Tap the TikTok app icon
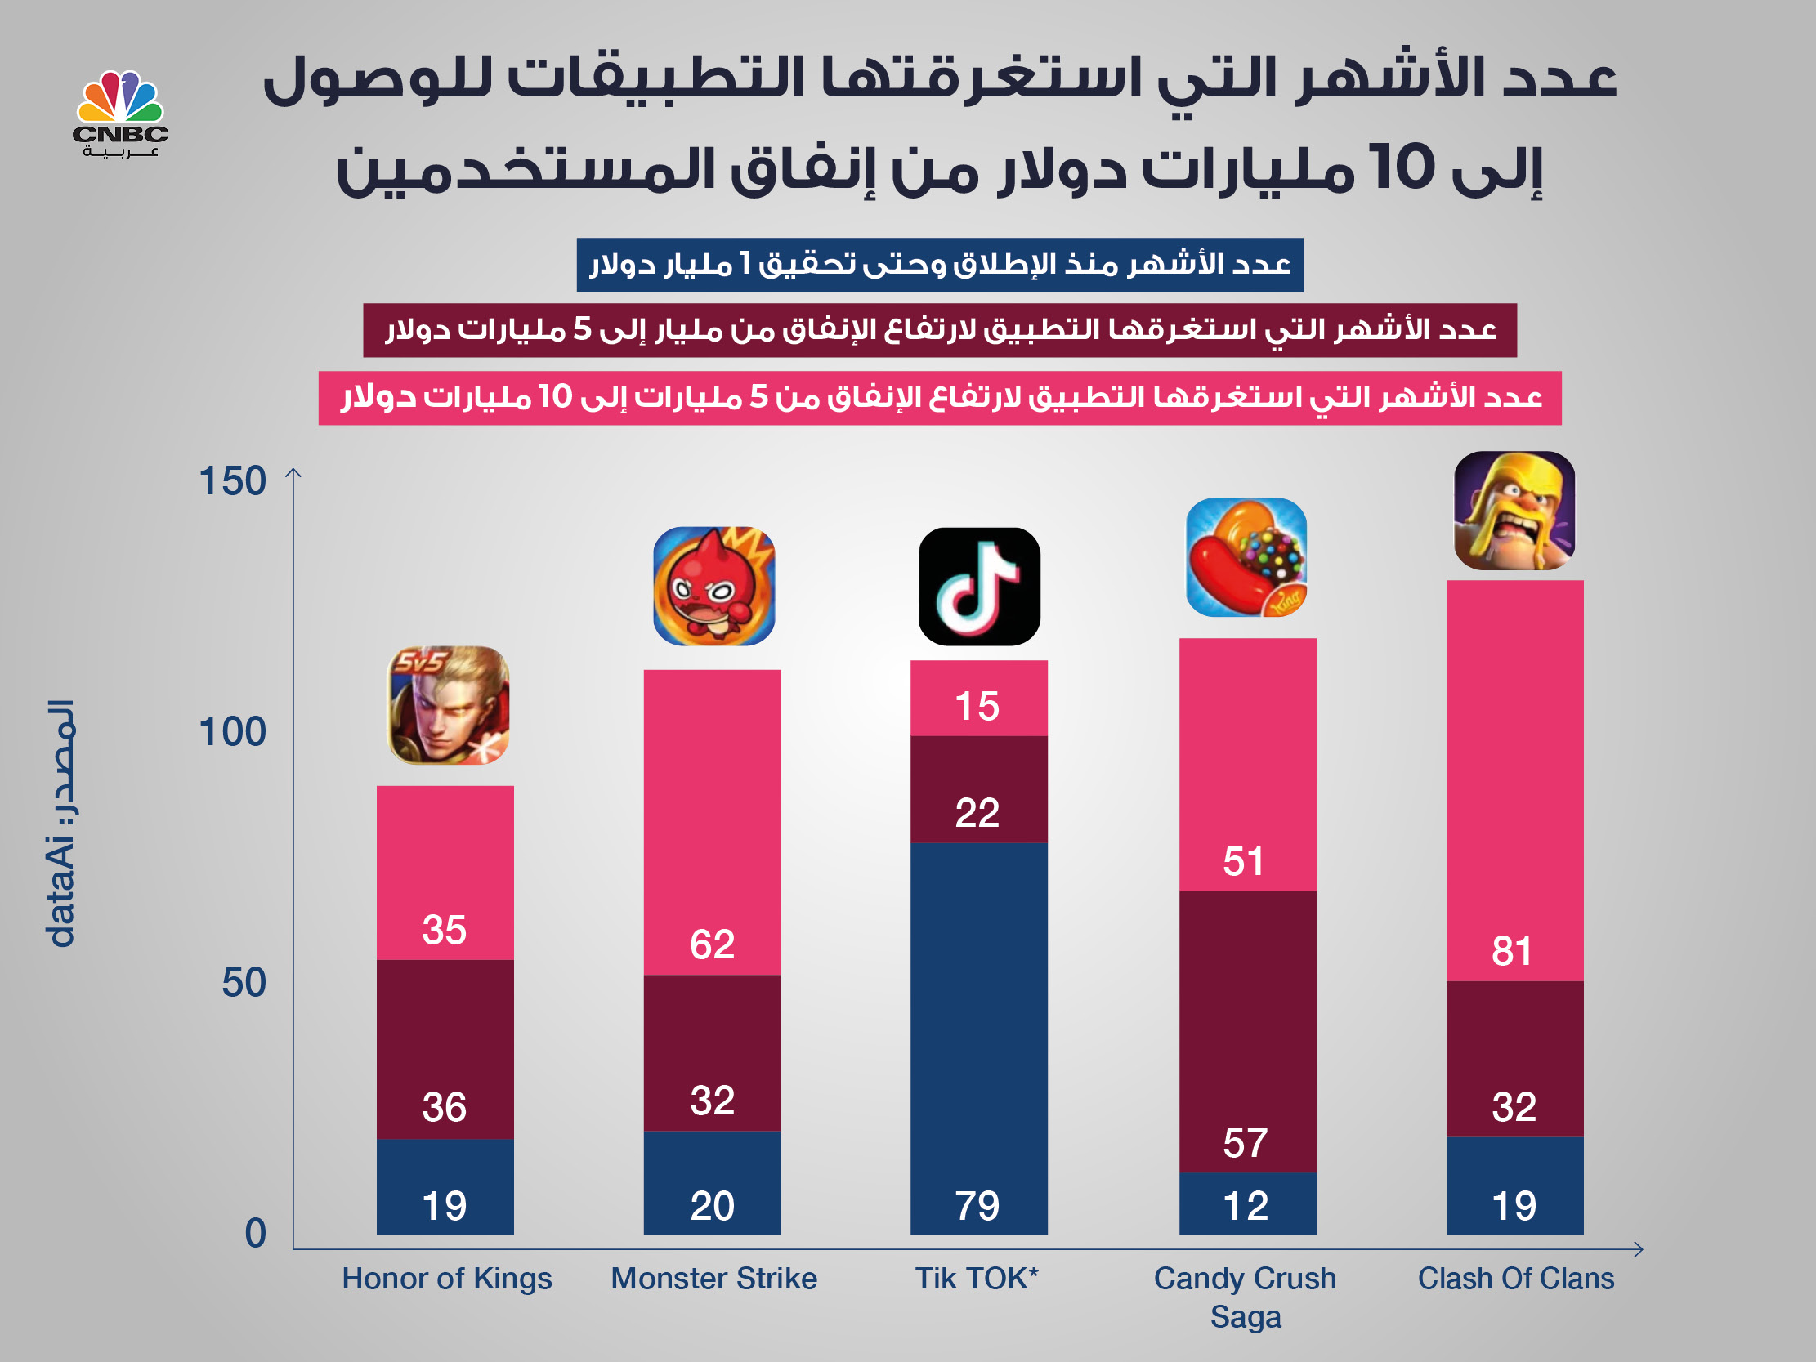[978, 586]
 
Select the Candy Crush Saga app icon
[1246, 557]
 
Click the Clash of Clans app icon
[1514, 511]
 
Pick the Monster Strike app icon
[713, 586]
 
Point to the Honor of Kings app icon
[447, 705]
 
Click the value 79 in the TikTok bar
[977, 1206]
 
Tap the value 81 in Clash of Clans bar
[1511, 952]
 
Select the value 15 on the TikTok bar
[977, 707]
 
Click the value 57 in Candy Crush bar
[1245, 1144]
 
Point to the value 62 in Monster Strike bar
[712, 945]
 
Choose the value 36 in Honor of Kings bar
[444, 1108]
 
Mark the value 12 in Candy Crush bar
[1246, 1206]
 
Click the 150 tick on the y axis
[232, 481]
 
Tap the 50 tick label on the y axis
[244, 984]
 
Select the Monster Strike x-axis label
[713, 1279]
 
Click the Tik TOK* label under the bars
[977, 1279]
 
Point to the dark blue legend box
[939, 266]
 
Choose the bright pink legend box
[939, 398]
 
